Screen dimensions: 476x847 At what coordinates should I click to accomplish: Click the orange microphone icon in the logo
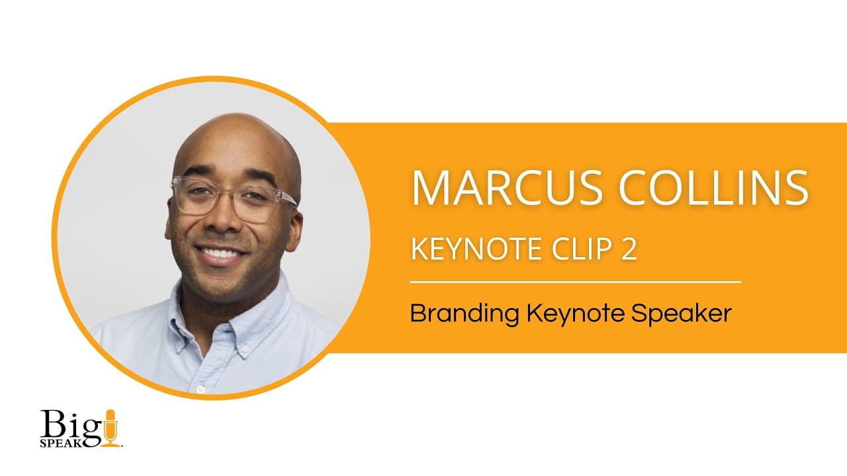[110, 426]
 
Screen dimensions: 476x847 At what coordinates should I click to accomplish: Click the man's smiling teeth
[221, 253]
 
